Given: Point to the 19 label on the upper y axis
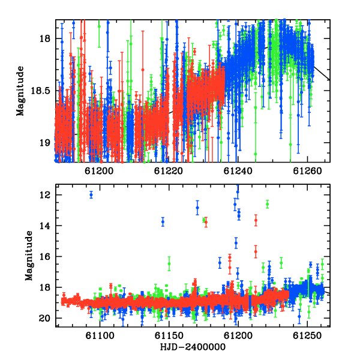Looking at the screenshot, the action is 44,143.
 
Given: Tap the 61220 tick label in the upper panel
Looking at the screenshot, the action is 168,171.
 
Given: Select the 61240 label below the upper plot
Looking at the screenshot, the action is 238,171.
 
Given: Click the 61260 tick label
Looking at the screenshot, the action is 307,171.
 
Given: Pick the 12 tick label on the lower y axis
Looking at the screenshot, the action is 44,195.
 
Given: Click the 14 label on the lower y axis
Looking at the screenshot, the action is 44,226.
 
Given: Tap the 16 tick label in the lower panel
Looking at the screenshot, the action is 44,256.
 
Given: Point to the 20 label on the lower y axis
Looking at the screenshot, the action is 44,318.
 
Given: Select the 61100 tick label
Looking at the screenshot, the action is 100,335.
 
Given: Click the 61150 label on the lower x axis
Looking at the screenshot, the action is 169,335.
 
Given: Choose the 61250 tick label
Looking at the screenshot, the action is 307,335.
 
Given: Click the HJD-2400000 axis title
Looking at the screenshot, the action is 193,347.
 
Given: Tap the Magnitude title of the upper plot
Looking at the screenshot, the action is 20,91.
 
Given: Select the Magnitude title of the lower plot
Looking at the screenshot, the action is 29,256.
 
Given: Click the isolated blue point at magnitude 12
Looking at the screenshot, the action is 91,195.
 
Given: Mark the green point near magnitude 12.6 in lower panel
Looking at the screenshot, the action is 267,204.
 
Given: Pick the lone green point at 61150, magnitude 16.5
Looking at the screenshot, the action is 169,263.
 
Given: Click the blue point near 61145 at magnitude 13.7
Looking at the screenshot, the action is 163,222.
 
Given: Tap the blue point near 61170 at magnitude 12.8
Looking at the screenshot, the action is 197,208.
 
